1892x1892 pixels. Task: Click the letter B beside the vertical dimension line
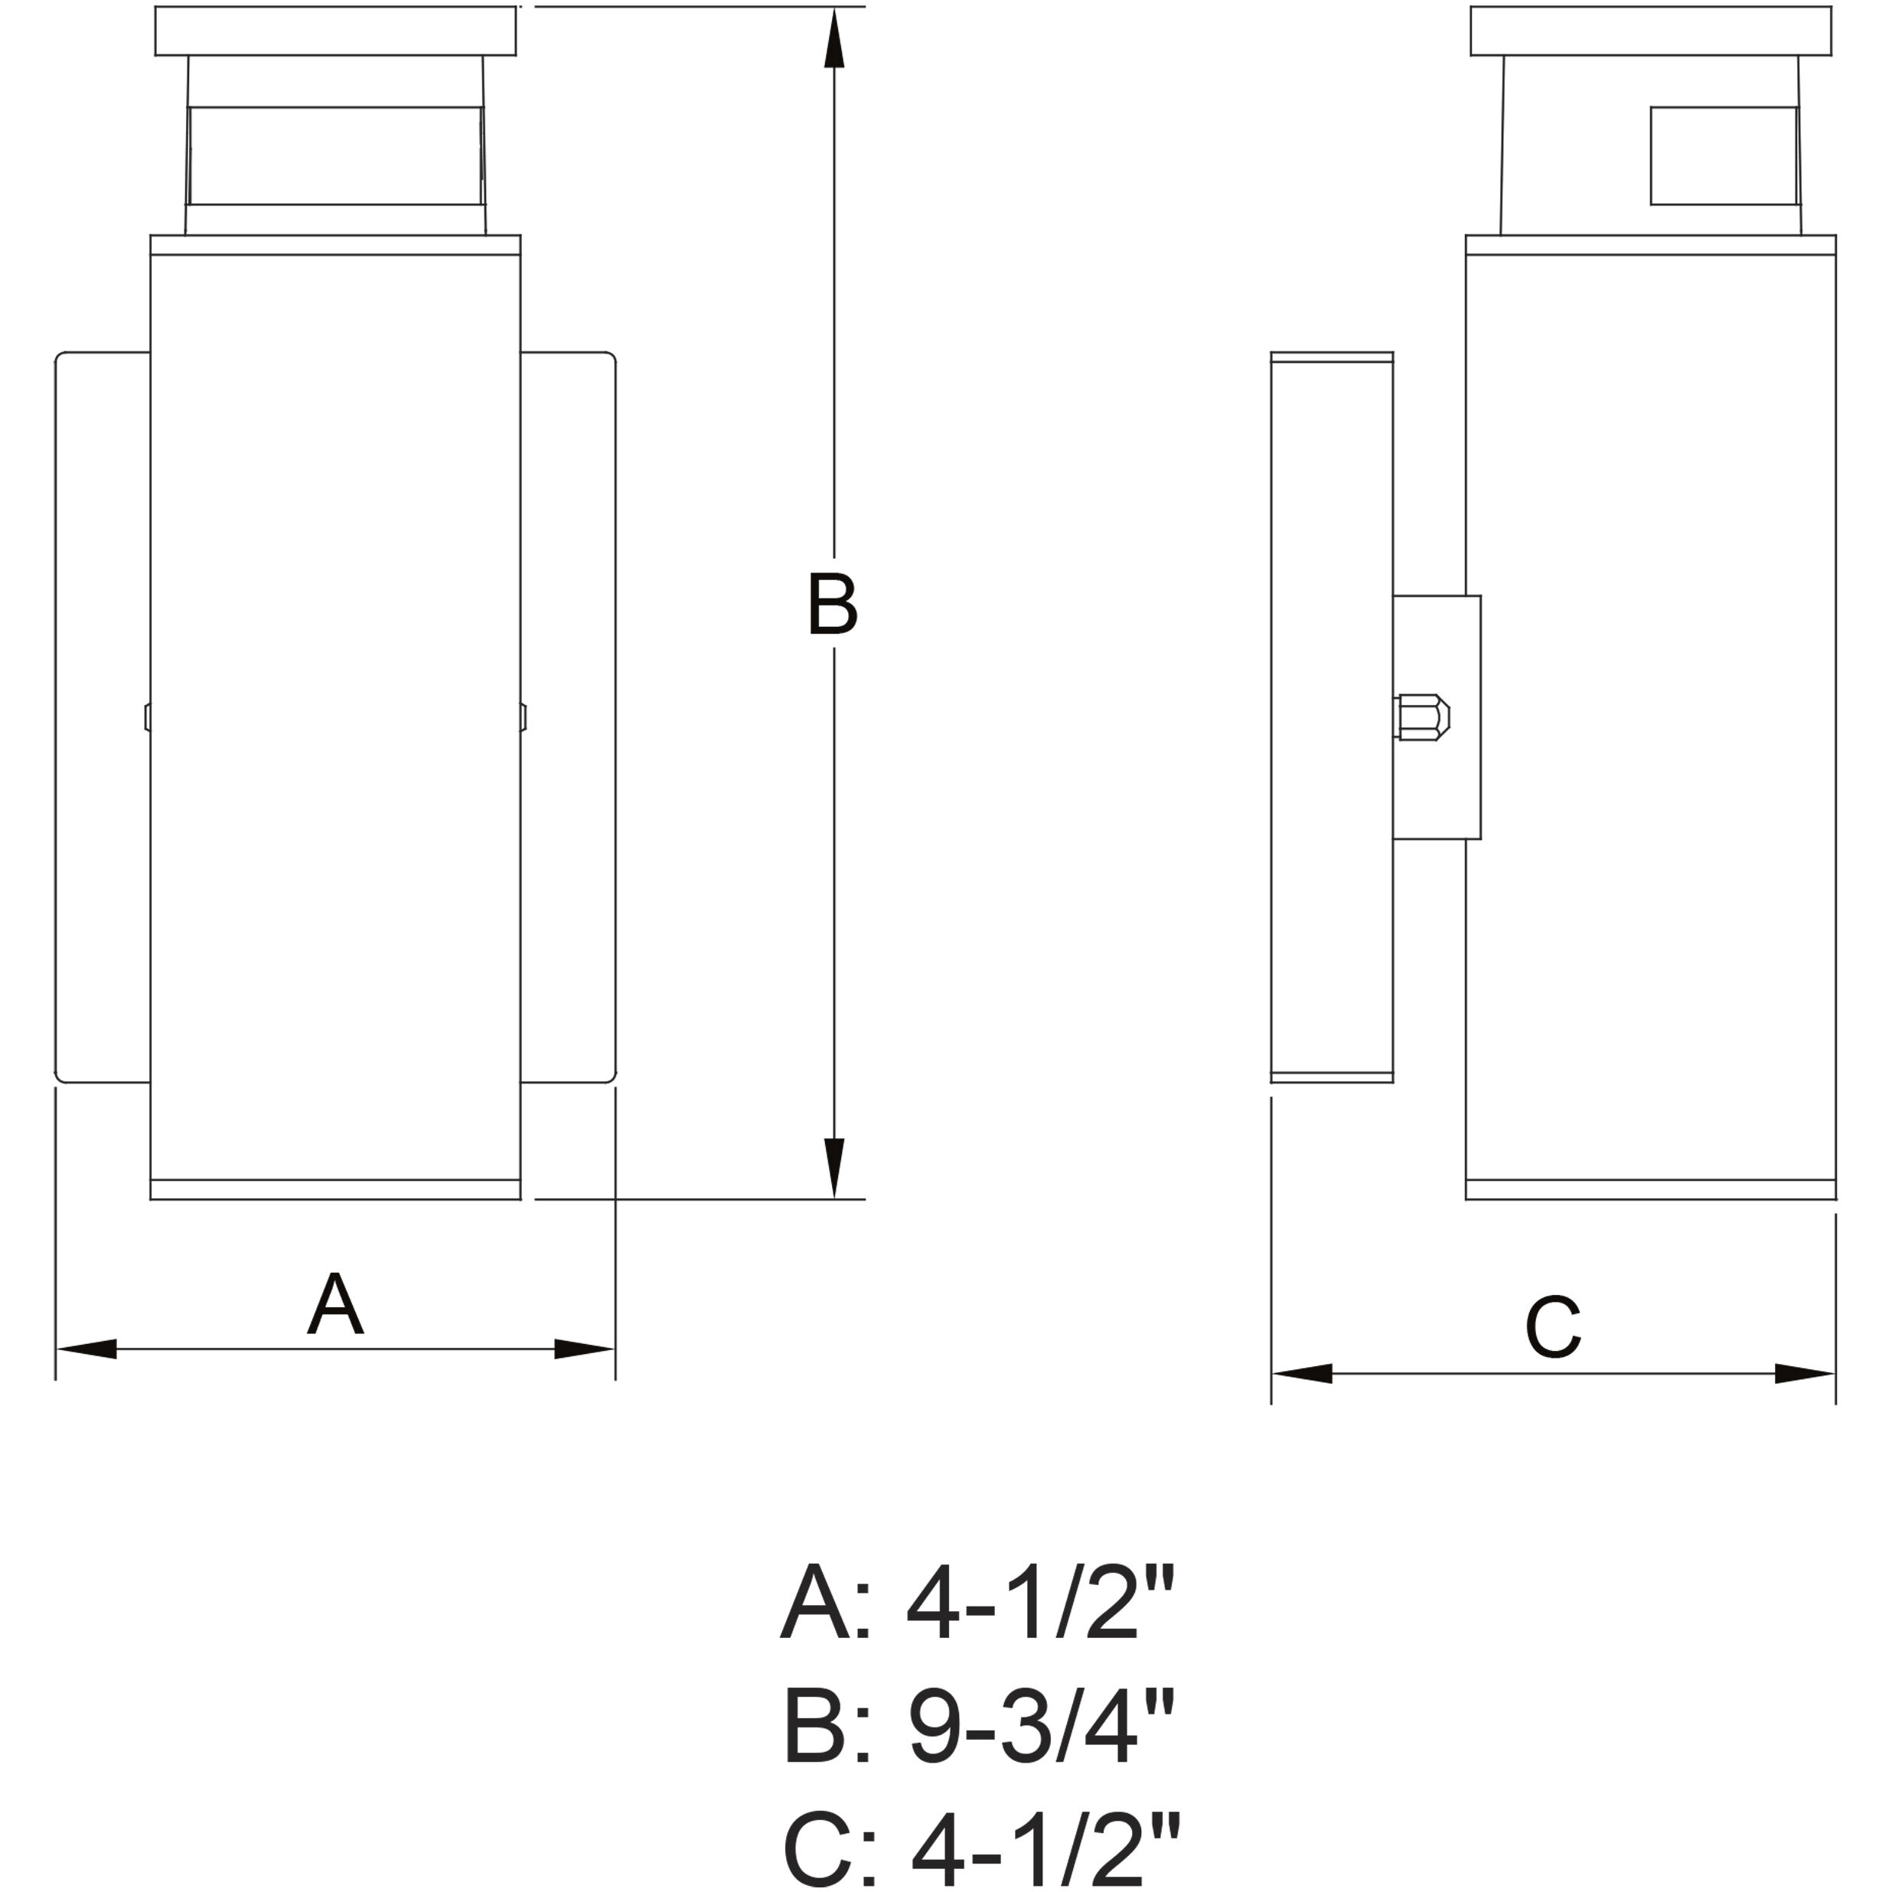coord(833,602)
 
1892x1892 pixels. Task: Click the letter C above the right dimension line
coord(1553,1327)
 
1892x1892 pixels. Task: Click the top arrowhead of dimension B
coord(833,38)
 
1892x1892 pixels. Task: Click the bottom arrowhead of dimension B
coord(833,1168)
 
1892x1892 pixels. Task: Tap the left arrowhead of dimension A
coord(86,1349)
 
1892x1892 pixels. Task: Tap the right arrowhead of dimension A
coord(585,1349)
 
